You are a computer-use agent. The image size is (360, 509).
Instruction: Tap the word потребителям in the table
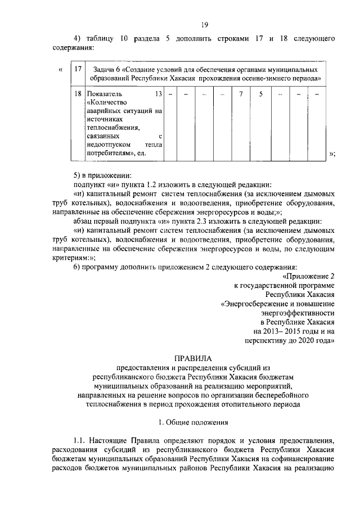(110, 153)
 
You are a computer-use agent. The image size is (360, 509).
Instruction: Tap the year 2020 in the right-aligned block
(307, 340)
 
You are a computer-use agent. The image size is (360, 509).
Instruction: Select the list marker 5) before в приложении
(78, 175)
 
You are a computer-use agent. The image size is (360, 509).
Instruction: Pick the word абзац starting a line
(84, 221)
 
